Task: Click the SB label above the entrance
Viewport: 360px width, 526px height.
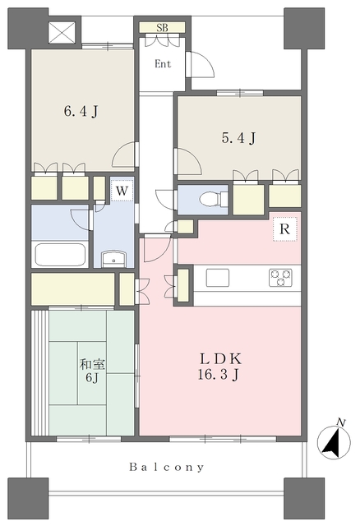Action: coord(162,27)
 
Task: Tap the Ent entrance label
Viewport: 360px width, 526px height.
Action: coord(163,64)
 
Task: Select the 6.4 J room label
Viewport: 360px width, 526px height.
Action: coord(81,111)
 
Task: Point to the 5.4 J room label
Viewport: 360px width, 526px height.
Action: coord(238,137)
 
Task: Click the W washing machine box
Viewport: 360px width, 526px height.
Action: coord(122,191)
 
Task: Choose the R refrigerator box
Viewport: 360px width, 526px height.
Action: coord(285,229)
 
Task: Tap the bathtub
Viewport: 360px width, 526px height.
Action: coord(60,255)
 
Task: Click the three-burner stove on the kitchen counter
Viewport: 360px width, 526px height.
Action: coord(280,278)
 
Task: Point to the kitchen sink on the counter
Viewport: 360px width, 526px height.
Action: coord(218,278)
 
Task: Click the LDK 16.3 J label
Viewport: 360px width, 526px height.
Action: coord(219,367)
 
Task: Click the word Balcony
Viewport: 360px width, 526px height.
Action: coord(167,467)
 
